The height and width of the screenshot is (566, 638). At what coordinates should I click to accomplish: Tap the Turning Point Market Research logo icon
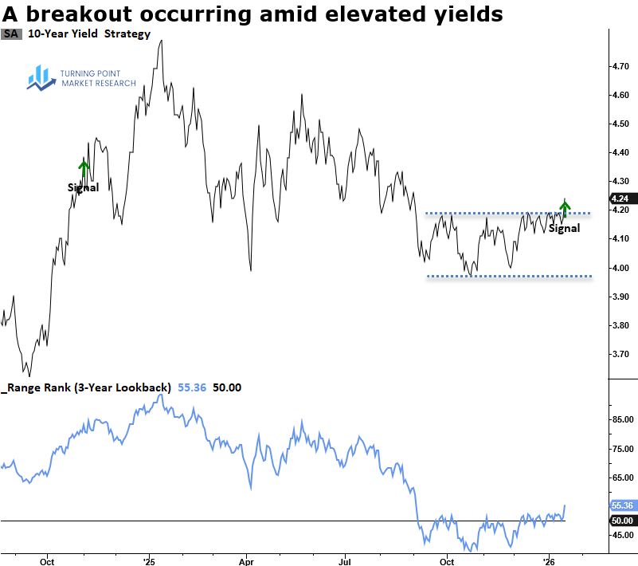coord(40,77)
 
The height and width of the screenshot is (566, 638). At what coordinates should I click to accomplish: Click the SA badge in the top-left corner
coord(11,33)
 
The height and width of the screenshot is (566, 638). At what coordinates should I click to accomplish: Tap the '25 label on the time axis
coord(149,560)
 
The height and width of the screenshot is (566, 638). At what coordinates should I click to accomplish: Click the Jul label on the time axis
coord(346,560)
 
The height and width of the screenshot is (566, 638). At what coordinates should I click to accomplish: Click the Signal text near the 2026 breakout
coord(565,228)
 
